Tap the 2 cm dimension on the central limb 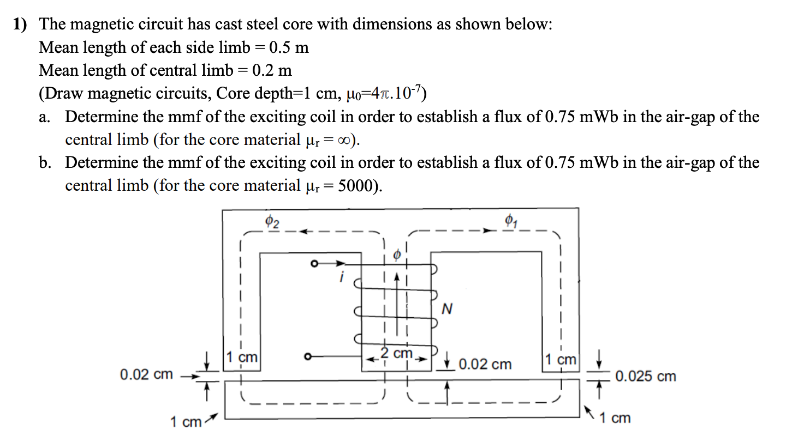coord(397,353)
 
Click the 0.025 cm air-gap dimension coord(645,376)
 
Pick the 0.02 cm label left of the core coord(146,374)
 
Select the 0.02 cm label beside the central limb coord(485,364)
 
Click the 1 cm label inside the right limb coord(560,360)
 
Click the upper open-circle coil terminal coord(314,264)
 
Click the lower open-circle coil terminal coord(309,358)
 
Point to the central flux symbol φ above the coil coord(397,254)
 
